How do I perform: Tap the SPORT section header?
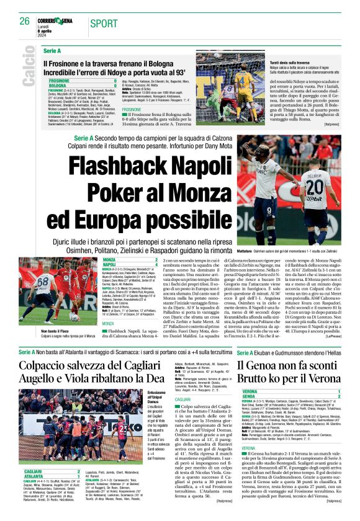(x=103, y=23)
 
